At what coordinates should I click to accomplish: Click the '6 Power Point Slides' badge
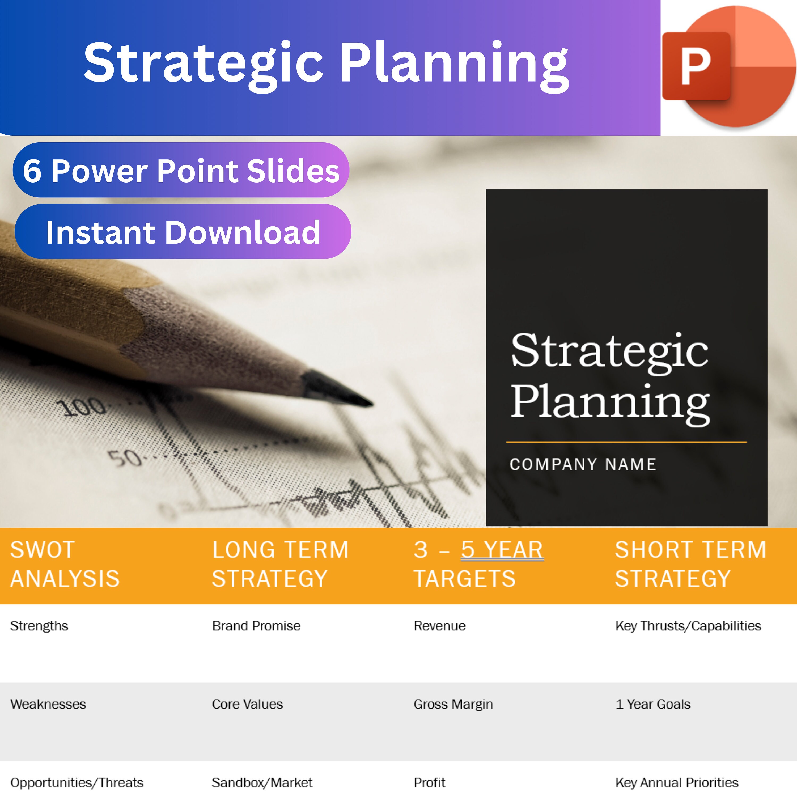click(x=181, y=170)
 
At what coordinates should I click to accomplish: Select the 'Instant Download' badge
click(x=183, y=232)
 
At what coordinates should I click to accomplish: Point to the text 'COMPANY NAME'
click(x=583, y=464)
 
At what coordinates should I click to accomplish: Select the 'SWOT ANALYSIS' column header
click(x=65, y=564)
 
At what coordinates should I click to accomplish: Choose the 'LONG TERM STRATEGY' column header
click(x=280, y=564)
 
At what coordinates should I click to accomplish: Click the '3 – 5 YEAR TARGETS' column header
click(x=478, y=564)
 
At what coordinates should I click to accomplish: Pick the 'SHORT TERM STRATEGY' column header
click(x=690, y=564)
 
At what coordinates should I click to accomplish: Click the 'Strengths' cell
click(x=39, y=626)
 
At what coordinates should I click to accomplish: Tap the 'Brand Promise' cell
click(x=256, y=626)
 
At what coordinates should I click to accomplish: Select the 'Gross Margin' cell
click(x=453, y=704)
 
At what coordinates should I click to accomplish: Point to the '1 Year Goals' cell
click(x=653, y=704)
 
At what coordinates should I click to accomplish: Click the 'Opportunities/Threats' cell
click(x=77, y=783)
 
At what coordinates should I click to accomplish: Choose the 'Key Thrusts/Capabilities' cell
click(x=688, y=626)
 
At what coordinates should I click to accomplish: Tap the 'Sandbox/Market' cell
click(x=262, y=783)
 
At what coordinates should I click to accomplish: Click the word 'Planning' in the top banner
click(x=454, y=64)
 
